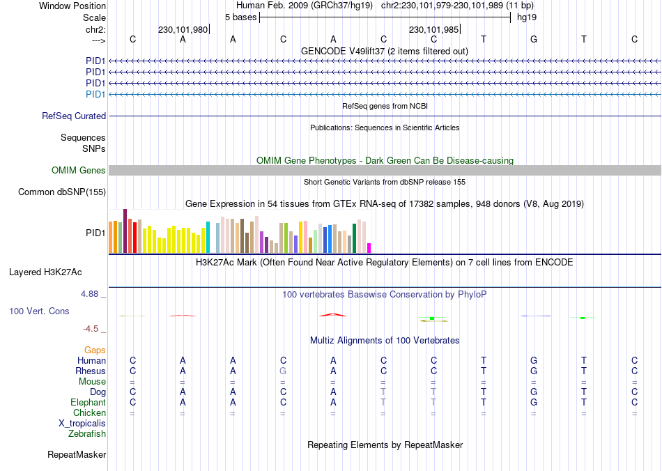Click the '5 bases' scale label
240,17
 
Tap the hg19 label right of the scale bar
526,17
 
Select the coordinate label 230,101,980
183,29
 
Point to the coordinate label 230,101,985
433,29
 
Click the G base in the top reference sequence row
534,39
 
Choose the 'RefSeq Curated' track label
74,116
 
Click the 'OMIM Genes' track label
79,171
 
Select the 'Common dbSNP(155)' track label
62,192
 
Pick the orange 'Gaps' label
95,350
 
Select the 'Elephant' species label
88,403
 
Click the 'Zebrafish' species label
87,434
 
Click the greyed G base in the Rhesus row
283,371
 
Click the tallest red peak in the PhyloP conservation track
333,314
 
